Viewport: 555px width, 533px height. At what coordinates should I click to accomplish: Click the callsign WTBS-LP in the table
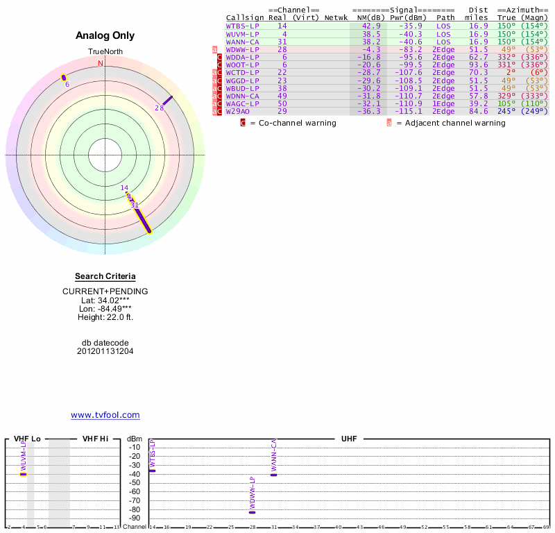tap(242, 26)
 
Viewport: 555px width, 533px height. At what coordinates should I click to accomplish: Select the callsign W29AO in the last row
tap(237, 111)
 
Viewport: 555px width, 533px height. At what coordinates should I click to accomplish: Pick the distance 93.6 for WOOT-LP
tap(478, 64)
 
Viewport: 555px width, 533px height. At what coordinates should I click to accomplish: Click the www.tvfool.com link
tap(105, 415)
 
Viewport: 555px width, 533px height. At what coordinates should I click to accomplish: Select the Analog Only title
tap(105, 35)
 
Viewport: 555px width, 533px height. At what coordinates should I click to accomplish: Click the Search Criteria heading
tap(105, 276)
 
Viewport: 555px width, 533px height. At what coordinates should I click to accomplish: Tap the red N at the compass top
tap(101, 63)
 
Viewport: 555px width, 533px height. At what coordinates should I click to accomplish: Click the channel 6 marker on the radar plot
tap(64, 77)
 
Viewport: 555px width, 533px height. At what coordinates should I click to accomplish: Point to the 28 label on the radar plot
tap(159, 108)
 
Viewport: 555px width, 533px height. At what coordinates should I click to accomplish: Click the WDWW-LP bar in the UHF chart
tap(253, 511)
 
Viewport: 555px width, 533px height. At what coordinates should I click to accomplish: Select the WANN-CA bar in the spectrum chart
tap(274, 475)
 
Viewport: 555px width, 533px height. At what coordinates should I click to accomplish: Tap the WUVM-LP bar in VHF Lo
tap(23, 474)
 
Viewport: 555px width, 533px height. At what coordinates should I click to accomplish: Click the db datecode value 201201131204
tap(105, 351)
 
